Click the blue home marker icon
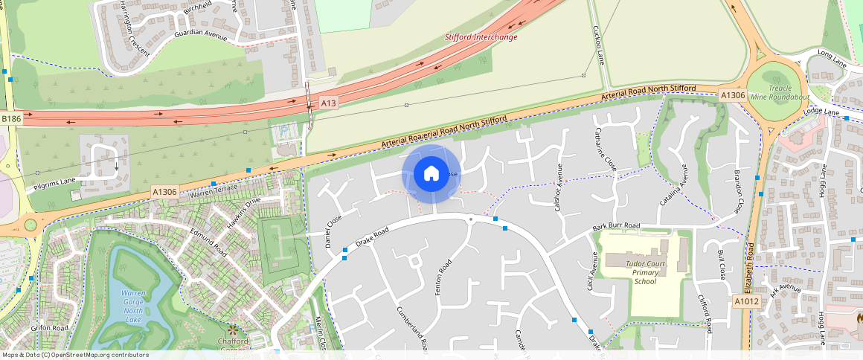[x=431, y=174]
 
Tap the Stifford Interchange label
[x=481, y=37]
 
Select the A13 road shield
[x=329, y=102]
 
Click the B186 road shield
[x=11, y=119]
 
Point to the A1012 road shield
[x=748, y=302]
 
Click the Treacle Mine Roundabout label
[x=779, y=92]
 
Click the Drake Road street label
[x=373, y=237]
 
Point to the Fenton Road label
[x=444, y=276]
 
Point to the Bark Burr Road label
[x=616, y=225]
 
